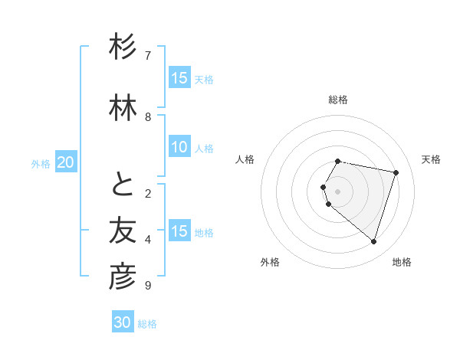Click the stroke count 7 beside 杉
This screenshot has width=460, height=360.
(148, 55)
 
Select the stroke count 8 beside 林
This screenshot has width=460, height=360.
(148, 116)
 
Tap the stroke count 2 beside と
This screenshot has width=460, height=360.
(148, 194)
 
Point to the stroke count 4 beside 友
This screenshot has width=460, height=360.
(148, 240)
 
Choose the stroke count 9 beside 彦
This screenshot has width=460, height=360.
(148, 286)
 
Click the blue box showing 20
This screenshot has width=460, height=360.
(66, 162)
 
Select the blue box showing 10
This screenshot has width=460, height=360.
(179, 147)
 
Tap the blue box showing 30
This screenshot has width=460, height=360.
(123, 322)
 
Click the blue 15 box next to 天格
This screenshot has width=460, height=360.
(179, 78)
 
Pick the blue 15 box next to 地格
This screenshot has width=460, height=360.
(179, 231)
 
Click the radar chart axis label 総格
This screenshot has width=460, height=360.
(338, 100)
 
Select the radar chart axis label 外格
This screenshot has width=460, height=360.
(270, 262)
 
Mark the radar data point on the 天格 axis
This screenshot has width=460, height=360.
(396, 172)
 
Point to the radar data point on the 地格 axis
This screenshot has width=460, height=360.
(373, 241)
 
